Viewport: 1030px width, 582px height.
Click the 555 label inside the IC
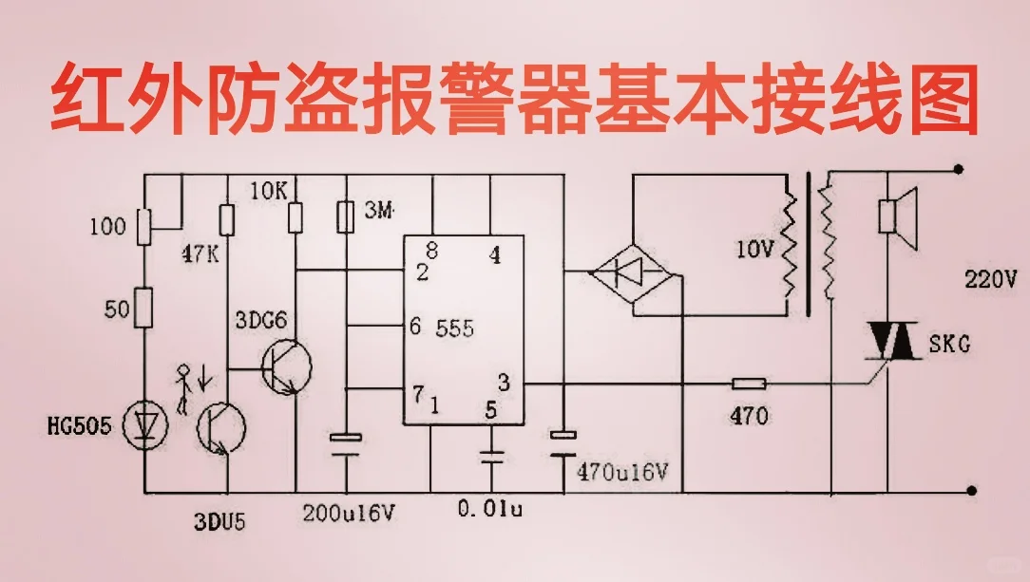[x=455, y=329]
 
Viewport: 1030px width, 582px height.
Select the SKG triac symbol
[x=890, y=342]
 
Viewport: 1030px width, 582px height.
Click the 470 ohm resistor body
[x=749, y=385]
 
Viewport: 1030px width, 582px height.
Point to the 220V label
[x=990, y=281]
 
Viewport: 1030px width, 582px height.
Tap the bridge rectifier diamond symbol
[x=628, y=273]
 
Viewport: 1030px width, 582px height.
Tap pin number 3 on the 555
[x=504, y=383]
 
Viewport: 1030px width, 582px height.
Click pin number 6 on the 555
[x=414, y=327]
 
